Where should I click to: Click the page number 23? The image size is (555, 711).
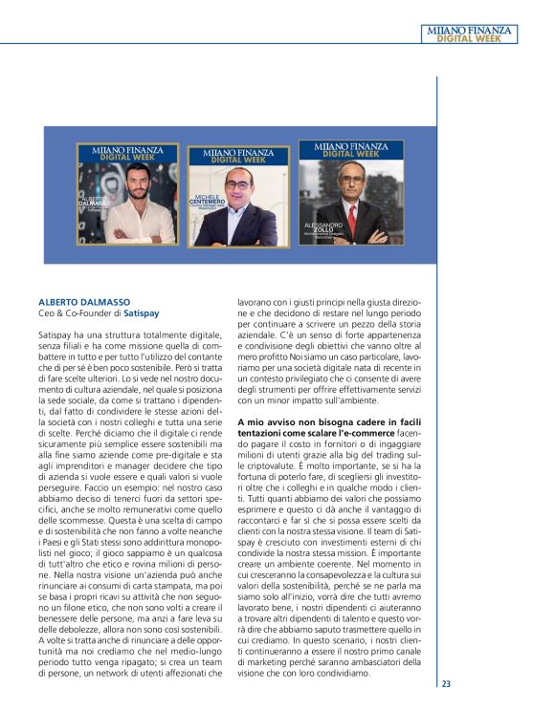pos(446,684)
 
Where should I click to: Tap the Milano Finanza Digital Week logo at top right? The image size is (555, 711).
pos(470,34)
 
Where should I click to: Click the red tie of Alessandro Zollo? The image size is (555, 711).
pos(351,226)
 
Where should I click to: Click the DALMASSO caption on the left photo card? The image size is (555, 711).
pos(97,203)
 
